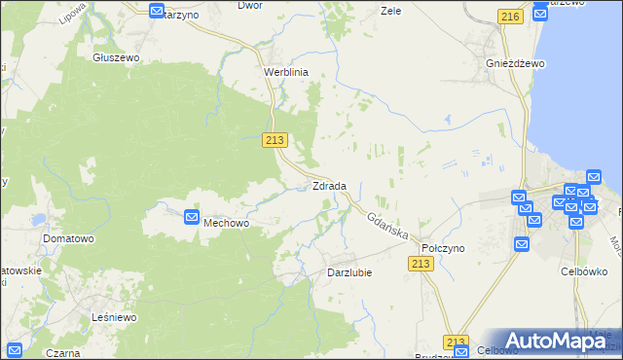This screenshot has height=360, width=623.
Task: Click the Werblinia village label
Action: [286, 72]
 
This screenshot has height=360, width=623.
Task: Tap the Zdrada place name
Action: [329, 186]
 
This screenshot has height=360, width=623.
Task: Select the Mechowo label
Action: [227, 223]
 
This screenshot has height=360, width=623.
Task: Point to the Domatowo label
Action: [67, 237]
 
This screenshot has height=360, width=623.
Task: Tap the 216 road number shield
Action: [509, 17]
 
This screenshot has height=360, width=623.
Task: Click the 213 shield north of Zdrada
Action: [275, 140]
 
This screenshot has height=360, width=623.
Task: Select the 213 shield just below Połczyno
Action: [421, 265]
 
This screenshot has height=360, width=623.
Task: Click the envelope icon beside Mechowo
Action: [192, 219]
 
